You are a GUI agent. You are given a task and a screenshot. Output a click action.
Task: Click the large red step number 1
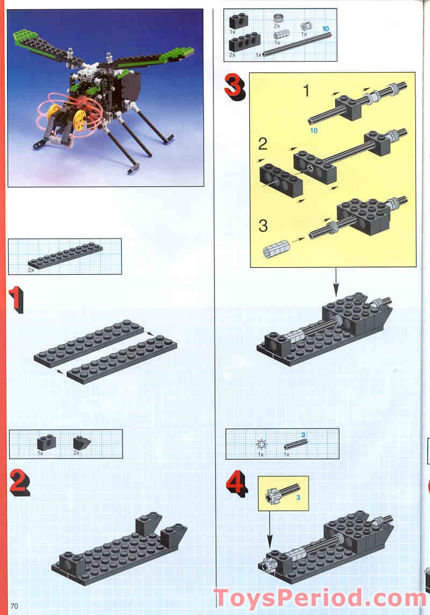click(16, 299)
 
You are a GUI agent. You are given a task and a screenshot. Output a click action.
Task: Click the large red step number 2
click(19, 483)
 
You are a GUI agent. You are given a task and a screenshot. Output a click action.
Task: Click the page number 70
click(14, 606)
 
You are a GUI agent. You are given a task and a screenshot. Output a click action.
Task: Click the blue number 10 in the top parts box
click(326, 28)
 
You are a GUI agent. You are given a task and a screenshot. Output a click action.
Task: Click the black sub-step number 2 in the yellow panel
click(263, 144)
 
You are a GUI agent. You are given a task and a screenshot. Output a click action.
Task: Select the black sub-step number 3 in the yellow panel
click(263, 226)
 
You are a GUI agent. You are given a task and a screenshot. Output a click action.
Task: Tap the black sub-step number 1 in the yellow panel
click(306, 91)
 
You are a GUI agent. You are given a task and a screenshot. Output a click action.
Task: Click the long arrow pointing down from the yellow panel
click(335, 282)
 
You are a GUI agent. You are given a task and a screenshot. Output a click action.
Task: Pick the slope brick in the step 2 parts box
click(82, 443)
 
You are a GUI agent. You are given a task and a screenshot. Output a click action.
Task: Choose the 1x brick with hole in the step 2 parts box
click(47, 443)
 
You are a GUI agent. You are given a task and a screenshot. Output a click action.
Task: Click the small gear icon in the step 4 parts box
click(261, 445)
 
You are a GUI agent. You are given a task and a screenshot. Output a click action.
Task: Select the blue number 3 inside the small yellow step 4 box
click(298, 497)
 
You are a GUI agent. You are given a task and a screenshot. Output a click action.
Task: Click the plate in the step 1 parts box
click(65, 256)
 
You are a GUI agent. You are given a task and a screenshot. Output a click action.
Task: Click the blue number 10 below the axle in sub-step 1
click(313, 130)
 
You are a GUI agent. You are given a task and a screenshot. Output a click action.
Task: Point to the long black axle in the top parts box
click(297, 44)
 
